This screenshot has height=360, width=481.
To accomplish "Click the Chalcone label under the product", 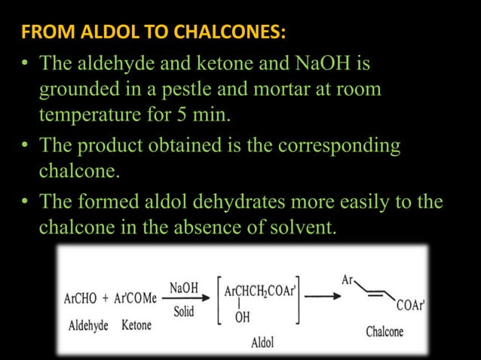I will click(384, 331).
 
